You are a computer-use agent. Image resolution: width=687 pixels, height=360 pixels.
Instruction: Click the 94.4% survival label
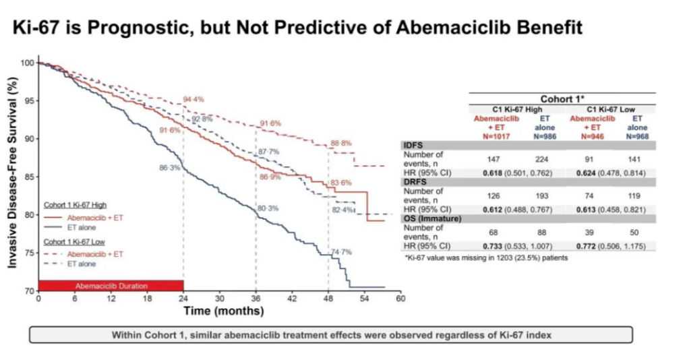click(x=193, y=100)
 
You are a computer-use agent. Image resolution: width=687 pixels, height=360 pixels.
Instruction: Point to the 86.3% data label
click(x=169, y=167)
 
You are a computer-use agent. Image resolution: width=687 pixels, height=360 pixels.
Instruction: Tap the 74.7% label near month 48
click(x=342, y=252)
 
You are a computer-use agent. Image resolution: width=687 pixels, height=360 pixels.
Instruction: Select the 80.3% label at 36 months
click(x=268, y=208)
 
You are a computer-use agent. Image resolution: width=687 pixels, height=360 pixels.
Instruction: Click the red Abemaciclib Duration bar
click(x=111, y=285)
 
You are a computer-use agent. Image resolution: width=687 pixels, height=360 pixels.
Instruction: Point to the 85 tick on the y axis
click(x=28, y=177)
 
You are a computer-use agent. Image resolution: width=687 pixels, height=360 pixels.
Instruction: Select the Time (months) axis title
click(x=224, y=311)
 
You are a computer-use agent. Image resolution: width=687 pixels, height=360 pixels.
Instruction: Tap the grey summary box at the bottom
click(x=330, y=335)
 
